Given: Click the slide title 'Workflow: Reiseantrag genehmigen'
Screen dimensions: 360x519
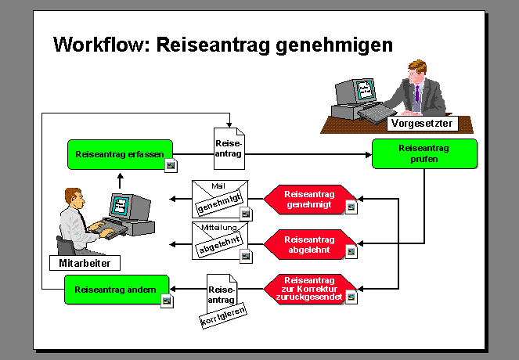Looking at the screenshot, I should pyautogui.click(x=222, y=45).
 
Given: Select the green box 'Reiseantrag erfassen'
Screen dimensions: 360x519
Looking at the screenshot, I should pyautogui.click(x=120, y=154).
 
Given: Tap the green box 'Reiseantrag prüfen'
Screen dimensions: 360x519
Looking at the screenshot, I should pyautogui.click(x=423, y=153).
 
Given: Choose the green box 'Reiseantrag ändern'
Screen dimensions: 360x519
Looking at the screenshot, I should pyautogui.click(x=117, y=290).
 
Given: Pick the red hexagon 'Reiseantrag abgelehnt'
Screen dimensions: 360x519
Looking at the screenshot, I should pyautogui.click(x=308, y=244).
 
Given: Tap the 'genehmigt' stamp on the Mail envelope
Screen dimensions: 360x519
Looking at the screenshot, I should pyautogui.click(x=216, y=205).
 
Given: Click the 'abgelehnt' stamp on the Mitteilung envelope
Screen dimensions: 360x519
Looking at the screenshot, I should pyautogui.click(x=216, y=249).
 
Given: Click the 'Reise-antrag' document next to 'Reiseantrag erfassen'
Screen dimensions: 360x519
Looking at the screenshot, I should pyautogui.click(x=229, y=149).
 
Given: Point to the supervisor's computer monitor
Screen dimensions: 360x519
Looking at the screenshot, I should pyautogui.click(x=364, y=90).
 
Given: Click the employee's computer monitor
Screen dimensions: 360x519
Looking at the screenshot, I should pyautogui.click(x=121, y=207).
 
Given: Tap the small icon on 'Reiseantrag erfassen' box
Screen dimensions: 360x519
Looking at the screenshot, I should pyautogui.click(x=171, y=164).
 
